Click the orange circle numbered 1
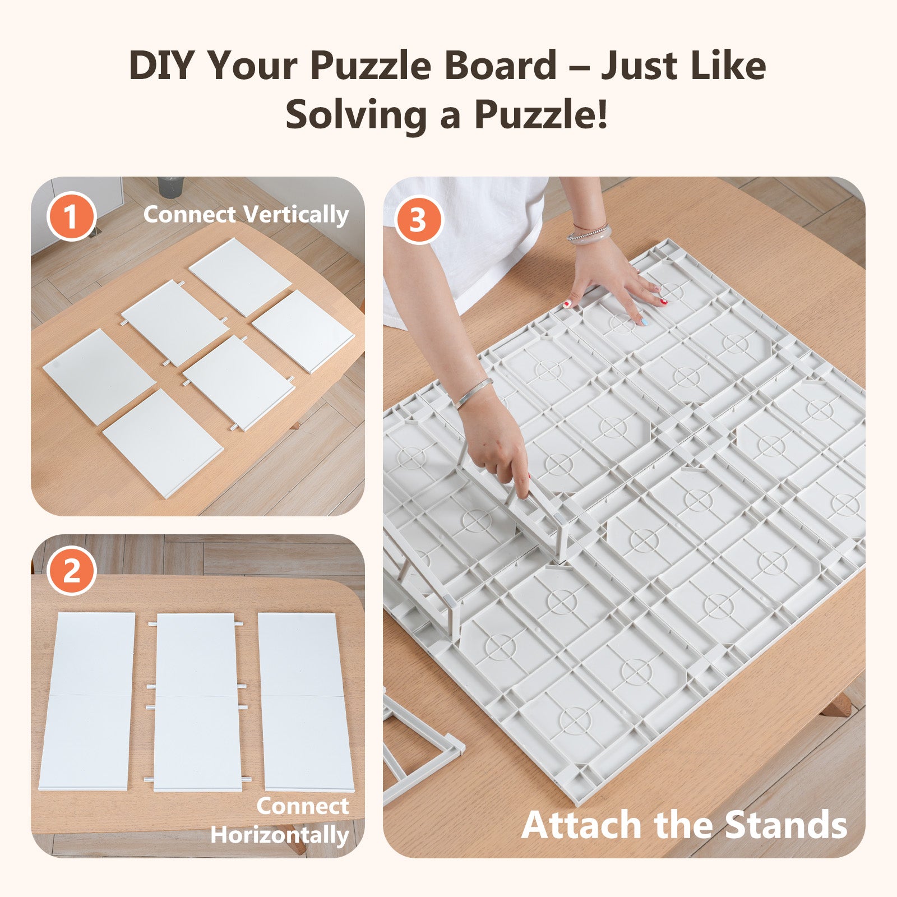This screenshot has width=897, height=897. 71,216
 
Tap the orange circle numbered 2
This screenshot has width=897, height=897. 71,572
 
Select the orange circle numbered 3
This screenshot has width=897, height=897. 418,220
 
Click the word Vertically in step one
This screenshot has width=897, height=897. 297,215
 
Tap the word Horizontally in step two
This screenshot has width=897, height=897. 280,835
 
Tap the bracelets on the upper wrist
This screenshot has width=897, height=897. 589,232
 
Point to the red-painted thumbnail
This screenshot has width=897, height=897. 567,303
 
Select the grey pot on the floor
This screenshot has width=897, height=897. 170,186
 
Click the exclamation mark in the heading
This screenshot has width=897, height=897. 602,113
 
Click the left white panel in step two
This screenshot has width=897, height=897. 87,701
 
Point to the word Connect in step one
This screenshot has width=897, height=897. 189,215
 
